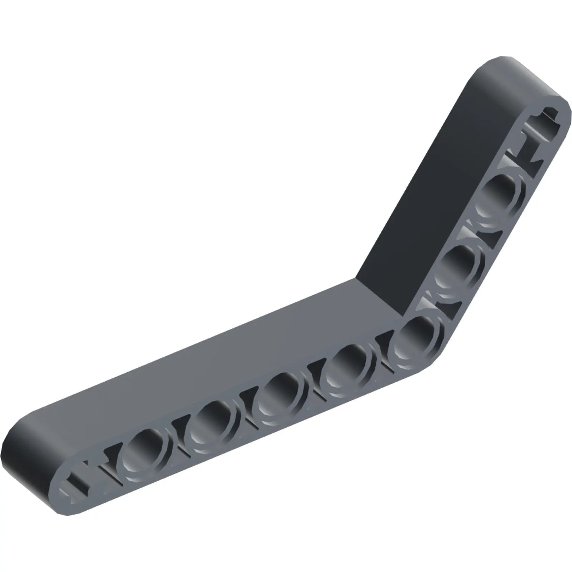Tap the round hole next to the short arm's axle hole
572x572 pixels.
(x=503, y=194)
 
